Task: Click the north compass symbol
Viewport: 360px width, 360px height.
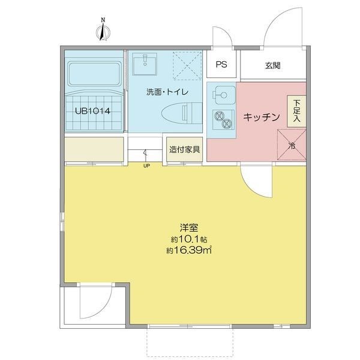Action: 103,31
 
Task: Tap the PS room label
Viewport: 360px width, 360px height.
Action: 221,64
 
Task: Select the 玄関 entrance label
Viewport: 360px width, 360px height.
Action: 273,65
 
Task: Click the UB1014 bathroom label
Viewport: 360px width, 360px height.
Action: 93,111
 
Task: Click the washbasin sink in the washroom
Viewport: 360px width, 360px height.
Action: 145,64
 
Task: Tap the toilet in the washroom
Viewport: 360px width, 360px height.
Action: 182,113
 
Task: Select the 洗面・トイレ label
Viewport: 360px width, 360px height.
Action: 167,92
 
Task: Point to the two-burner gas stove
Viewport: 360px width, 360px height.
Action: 223,120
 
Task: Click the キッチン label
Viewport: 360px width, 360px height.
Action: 262,117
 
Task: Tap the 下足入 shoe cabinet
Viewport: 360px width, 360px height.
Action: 296,111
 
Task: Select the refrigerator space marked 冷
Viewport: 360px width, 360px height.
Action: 292,145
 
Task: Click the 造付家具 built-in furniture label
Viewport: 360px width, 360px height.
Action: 185,149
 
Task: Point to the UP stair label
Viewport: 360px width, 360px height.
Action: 146,166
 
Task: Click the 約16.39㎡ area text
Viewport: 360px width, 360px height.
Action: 189,250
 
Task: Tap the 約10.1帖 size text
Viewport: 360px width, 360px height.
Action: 189,239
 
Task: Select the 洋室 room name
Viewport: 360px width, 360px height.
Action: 189,228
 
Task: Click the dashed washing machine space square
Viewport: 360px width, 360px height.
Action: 187,65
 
